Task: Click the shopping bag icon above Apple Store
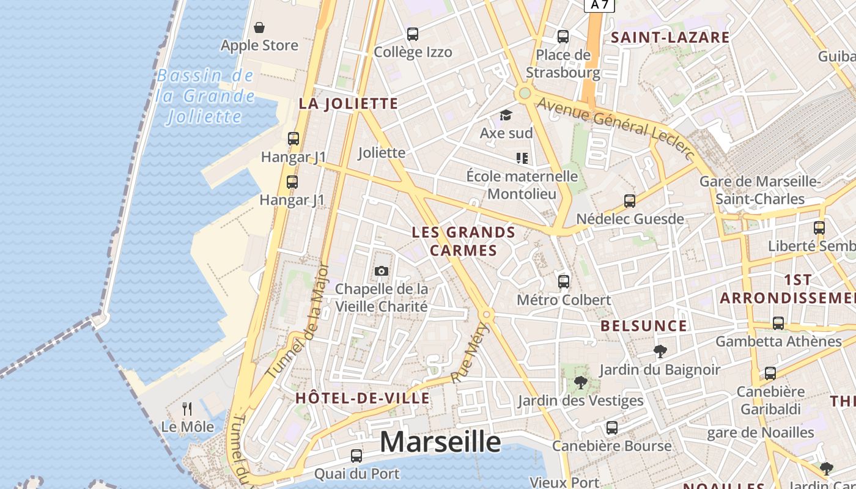click(259, 28)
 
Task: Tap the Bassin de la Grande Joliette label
click(204, 96)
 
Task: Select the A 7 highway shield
click(599, 5)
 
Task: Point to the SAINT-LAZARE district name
click(670, 37)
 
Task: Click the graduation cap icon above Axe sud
click(506, 115)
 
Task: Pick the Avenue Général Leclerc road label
click(618, 128)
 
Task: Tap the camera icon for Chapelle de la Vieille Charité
click(381, 271)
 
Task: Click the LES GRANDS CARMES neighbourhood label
click(463, 241)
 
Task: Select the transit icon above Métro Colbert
click(563, 282)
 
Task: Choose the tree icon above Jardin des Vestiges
click(580, 383)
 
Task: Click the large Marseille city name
click(440, 442)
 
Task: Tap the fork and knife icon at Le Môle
click(187, 408)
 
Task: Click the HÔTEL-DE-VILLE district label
click(363, 399)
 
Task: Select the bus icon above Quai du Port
click(356, 456)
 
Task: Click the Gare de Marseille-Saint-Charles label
click(760, 190)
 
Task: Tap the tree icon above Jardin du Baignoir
click(660, 351)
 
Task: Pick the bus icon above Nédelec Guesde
click(630, 201)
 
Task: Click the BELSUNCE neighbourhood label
click(644, 326)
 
